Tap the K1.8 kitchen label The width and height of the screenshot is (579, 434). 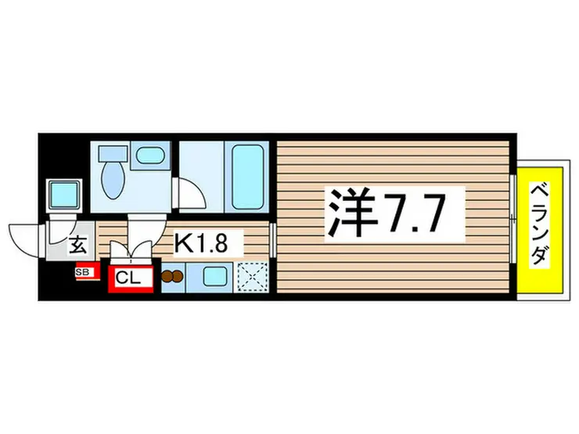(x=201, y=244)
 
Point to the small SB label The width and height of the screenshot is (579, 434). (x=83, y=273)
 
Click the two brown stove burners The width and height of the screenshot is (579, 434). (x=171, y=275)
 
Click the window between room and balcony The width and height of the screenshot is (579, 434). (x=513, y=222)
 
